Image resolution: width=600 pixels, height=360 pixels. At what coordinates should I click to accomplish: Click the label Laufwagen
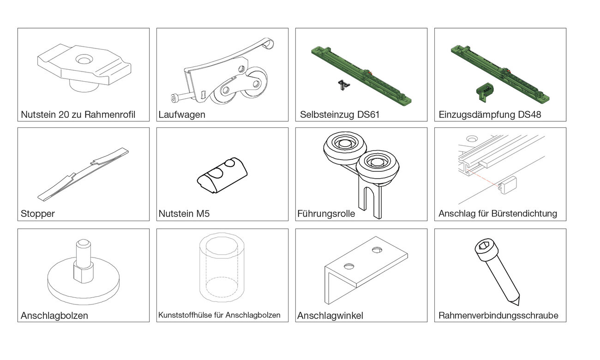[x=181, y=114]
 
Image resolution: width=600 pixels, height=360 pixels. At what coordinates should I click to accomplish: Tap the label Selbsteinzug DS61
[x=340, y=114]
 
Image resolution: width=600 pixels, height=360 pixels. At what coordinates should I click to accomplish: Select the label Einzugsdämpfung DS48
[x=490, y=114]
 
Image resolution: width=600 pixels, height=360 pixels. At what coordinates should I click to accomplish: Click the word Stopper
[x=38, y=214]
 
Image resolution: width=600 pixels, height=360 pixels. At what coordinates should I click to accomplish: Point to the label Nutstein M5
[x=184, y=214]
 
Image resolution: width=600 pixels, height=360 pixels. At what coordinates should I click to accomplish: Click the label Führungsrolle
[x=326, y=214]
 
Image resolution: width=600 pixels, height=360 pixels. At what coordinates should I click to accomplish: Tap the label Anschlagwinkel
[x=330, y=316]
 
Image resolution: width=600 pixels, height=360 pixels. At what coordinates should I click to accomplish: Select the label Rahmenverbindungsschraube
[x=498, y=316]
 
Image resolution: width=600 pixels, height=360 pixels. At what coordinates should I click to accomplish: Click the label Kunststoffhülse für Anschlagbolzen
[x=219, y=315]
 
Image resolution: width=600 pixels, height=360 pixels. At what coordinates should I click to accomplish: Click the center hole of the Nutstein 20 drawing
[x=84, y=60]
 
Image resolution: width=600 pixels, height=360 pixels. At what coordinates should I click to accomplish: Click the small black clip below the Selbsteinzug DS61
[x=343, y=85]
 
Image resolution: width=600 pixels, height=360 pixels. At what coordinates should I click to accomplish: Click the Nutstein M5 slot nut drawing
[x=222, y=175]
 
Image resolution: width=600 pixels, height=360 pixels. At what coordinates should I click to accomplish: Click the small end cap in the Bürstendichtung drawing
[x=507, y=185]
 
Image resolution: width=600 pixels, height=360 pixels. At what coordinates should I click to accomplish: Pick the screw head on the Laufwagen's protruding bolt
[x=174, y=99]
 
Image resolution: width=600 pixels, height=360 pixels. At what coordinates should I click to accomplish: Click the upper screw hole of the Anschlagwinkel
[x=377, y=250]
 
